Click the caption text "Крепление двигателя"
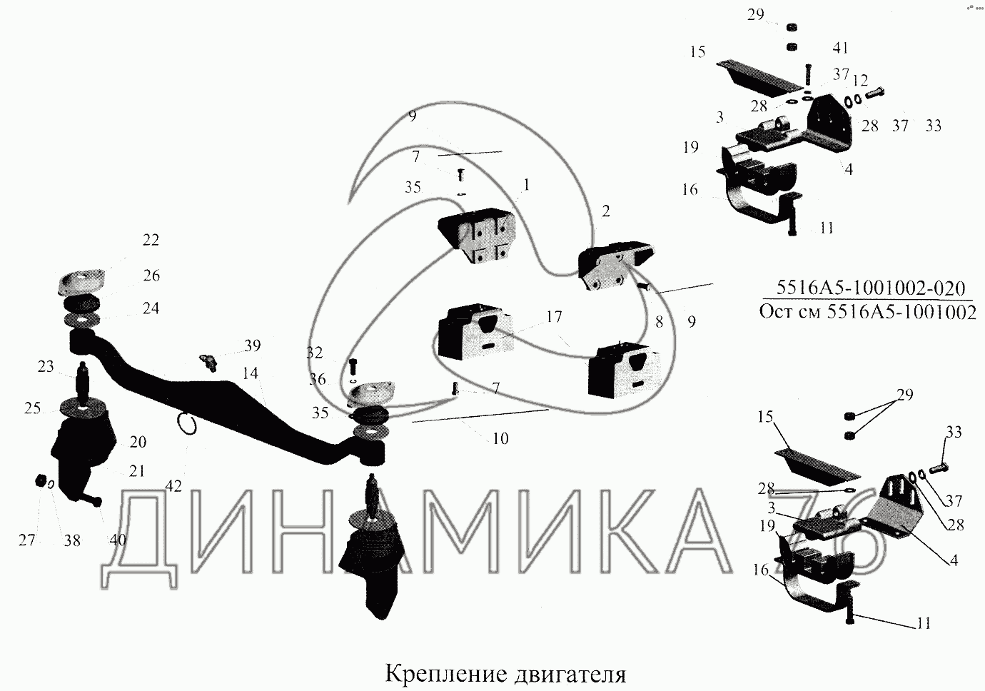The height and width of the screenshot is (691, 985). point(505,674)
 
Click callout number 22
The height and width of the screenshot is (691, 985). point(151,241)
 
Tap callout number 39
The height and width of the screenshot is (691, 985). point(253,345)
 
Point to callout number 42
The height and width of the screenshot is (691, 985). point(173,486)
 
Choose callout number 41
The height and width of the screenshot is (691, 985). point(840,49)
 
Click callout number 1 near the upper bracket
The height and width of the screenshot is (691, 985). point(526,185)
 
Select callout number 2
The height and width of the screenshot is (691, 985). point(606,211)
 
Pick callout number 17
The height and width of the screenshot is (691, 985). point(555,316)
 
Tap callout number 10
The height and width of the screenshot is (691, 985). point(500,438)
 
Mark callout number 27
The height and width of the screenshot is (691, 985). point(27,540)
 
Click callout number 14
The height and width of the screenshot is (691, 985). point(250,373)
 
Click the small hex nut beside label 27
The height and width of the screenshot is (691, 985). point(41,482)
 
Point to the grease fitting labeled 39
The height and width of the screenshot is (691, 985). point(208,362)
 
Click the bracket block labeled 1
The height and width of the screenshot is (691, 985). point(477,236)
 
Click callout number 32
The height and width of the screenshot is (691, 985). point(314,353)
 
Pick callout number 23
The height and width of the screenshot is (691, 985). point(46,367)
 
